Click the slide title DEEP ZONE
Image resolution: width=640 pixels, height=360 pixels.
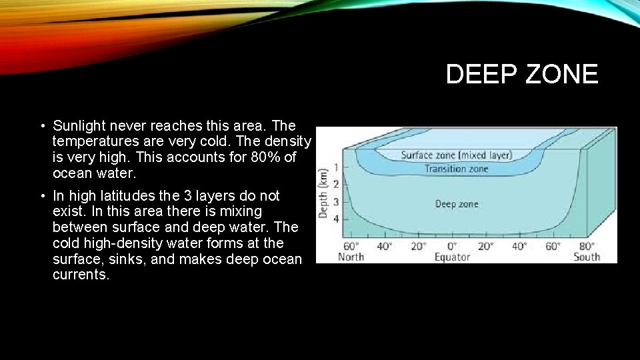522,74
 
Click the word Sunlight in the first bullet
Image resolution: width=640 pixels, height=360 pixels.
79,125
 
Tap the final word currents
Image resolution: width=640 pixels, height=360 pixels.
81,275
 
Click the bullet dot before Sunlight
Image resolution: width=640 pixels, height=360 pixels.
42,126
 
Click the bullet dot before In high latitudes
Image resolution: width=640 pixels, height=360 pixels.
42,197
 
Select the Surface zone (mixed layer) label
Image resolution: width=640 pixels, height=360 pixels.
456,155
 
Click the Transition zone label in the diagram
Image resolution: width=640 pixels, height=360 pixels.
456,169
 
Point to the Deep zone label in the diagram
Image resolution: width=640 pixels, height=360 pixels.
457,204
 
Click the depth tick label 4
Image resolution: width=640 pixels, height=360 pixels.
336,219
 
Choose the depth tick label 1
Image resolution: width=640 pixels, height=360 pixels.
336,167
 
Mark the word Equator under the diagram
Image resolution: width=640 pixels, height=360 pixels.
452,257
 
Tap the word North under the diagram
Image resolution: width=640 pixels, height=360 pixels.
351,257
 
